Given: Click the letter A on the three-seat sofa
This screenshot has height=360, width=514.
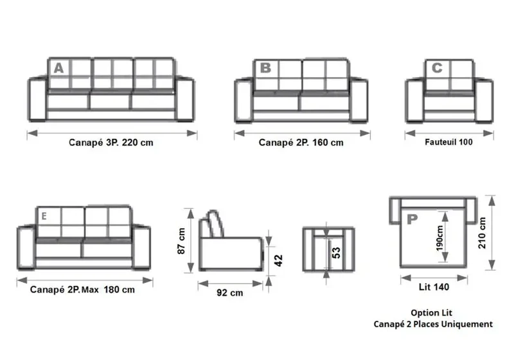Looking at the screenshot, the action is pos(59,68).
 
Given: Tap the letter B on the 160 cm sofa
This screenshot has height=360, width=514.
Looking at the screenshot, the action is pos(265,68).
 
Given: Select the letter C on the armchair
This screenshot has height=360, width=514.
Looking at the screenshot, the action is pos(437,68).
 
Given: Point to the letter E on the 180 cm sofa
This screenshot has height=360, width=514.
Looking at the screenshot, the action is pos(44,216).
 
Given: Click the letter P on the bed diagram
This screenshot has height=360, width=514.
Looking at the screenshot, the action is pos(412,219).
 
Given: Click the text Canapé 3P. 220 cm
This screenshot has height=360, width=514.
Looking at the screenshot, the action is pos(111,143).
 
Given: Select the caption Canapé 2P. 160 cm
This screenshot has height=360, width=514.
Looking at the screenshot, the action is pos(301,143).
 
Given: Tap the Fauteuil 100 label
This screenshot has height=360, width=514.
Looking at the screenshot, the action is pos(448,142).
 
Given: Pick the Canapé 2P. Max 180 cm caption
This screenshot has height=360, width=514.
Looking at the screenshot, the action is pos(82,290).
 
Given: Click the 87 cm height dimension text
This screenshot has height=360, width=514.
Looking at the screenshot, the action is pos(181,241).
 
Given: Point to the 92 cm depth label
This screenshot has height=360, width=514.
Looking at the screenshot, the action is pos(230,292).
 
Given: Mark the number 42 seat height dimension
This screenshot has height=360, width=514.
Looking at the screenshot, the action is pos(278,260).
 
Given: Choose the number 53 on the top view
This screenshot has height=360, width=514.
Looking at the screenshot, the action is pos(336,253).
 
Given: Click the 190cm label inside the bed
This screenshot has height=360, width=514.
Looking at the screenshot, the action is pos(440,238).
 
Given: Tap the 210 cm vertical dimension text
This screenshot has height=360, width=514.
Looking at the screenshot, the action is pos(482,233).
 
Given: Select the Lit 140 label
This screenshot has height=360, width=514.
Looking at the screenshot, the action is pos(434,287).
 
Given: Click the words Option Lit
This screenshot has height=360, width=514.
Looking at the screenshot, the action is pos(431,313).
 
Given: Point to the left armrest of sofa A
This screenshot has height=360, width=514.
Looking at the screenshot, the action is pos(37,100).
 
